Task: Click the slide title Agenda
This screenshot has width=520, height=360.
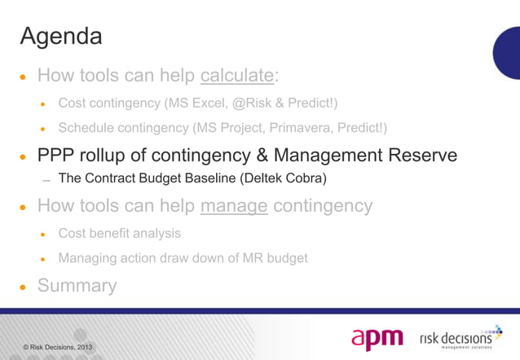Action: pyautogui.click(x=61, y=37)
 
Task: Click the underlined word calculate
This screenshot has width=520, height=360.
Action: pyautogui.click(x=236, y=77)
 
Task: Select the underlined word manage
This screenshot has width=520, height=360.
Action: pyautogui.click(x=234, y=207)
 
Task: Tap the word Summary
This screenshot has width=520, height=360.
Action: pyautogui.click(x=77, y=286)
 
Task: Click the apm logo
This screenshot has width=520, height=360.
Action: pyautogui.click(x=378, y=338)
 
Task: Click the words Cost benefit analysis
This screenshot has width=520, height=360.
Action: pyautogui.click(x=120, y=233)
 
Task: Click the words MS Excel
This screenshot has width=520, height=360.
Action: pyautogui.click(x=198, y=103)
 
